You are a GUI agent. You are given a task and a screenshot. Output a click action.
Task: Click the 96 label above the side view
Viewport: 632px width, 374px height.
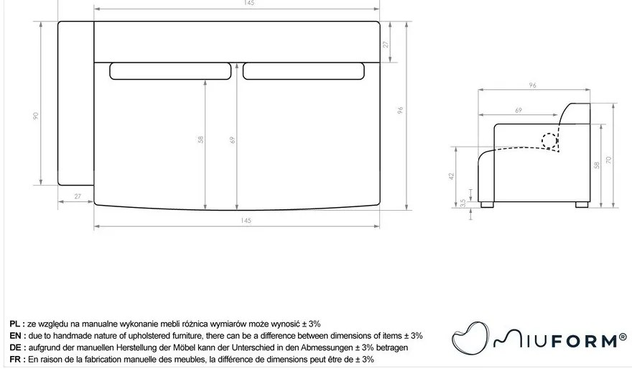coord(532,86)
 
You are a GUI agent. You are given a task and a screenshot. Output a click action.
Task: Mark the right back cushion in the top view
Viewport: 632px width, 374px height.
coord(305,71)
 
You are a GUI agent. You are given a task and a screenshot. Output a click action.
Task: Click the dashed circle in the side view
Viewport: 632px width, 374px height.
coord(552,140)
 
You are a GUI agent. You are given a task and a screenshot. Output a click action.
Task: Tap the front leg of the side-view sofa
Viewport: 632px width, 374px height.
coord(488,204)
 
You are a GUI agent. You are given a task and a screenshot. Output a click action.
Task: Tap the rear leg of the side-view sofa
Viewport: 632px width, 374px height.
coord(581,204)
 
